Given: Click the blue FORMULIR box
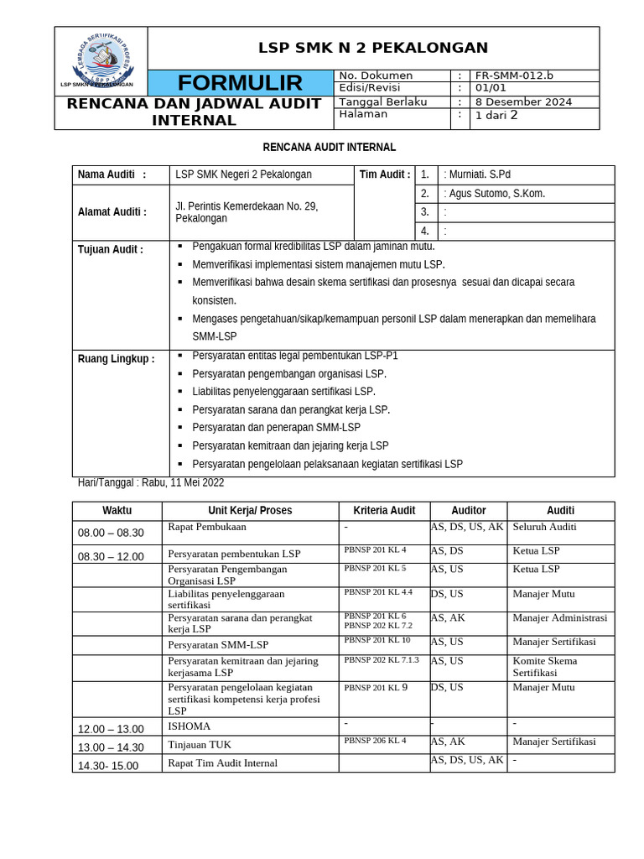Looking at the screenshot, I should click(x=240, y=83).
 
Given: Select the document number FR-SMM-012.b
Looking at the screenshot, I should click(x=514, y=75).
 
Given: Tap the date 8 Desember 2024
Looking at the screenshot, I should click(x=523, y=102).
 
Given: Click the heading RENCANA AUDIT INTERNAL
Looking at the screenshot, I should click(x=329, y=148).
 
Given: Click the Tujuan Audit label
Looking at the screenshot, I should click(x=110, y=249).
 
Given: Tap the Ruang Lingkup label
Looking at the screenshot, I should click(x=116, y=359).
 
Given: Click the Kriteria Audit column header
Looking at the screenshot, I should click(x=384, y=511).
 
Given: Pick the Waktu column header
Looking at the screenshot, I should click(x=117, y=511).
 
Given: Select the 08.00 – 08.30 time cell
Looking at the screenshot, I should click(x=111, y=533).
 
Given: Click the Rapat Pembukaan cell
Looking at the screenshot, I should click(x=207, y=527).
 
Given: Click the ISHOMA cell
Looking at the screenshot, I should click(x=190, y=726).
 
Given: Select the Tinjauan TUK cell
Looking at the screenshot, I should click(x=200, y=745).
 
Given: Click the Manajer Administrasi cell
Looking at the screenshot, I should click(x=559, y=618).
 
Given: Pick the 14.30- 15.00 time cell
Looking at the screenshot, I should click(x=108, y=766).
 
